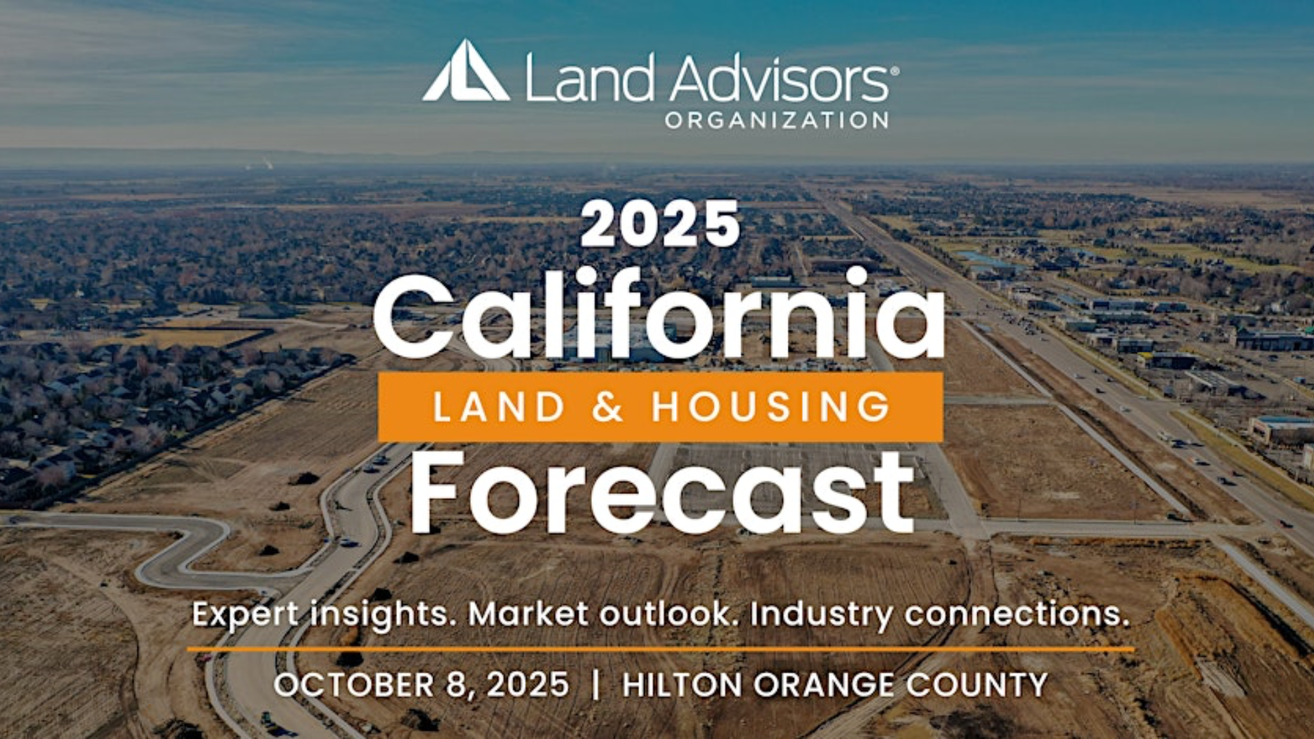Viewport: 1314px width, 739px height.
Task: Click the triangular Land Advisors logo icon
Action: [465, 71]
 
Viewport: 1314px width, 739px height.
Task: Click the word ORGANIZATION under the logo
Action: [777, 120]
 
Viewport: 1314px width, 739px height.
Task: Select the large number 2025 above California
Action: [660, 224]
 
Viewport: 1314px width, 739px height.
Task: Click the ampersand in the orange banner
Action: [608, 406]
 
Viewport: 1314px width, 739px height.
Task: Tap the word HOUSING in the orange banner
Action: [771, 406]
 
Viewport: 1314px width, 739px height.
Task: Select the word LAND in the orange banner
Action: [499, 406]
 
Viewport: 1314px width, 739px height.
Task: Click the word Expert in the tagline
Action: [245, 614]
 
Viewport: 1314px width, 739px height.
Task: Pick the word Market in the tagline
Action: [528, 613]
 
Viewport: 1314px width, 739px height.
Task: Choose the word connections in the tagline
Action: [1017, 614]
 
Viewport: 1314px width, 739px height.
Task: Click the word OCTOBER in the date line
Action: [353, 684]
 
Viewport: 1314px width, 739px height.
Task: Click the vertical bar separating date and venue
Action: [595, 684]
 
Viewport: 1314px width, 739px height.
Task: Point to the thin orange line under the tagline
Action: [660, 648]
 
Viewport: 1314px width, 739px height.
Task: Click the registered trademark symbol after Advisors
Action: [894, 70]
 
